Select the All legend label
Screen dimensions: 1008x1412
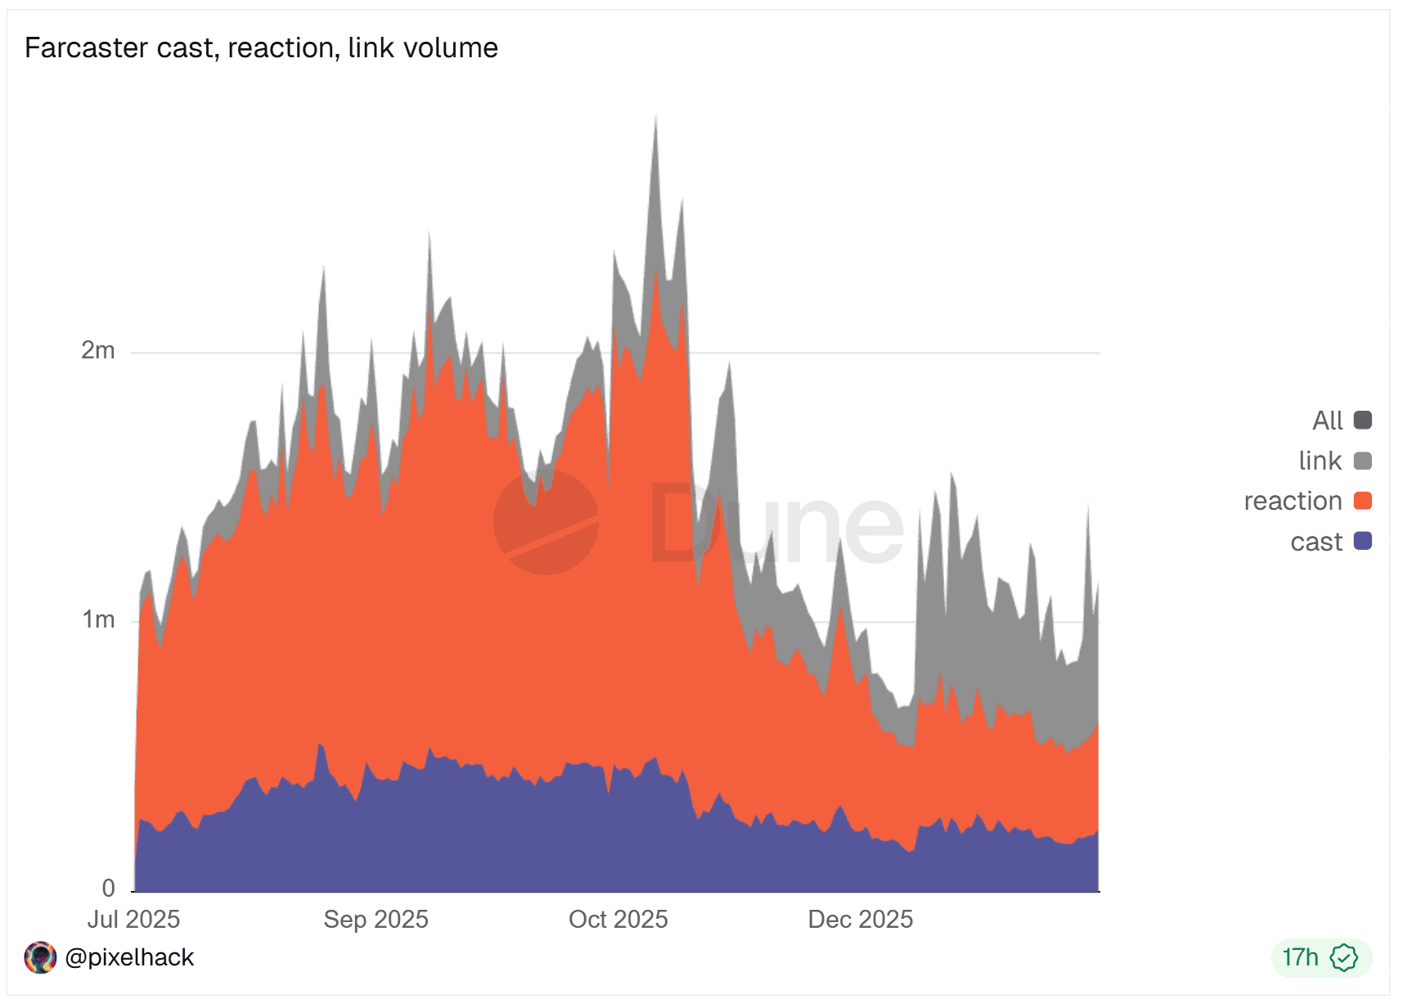pyautogui.click(x=1327, y=421)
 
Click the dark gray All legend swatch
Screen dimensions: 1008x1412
pyautogui.click(x=1362, y=421)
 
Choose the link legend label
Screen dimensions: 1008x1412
pyautogui.click(x=1320, y=461)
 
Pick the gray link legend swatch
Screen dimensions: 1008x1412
pyautogui.click(x=1362, y=461)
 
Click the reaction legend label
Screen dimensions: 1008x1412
pyautogui.click(x=1293, y=501)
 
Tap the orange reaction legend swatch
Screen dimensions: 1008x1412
pyautogui.click(x=1362, y=501)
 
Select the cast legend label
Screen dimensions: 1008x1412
pyautogui.click(x=1315, y=542)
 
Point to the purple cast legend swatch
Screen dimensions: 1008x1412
pyautogui.click(x=1362, y=541)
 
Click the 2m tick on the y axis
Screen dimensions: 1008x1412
pyautogui.click(x=98, y=351)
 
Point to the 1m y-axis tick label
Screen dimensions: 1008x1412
pyautogui.click(x=98, y=620)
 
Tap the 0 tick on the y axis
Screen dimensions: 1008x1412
pyautogui.click(x=108, y=889)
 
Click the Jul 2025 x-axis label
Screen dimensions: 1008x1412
pyautogui.click(x=133, y=920)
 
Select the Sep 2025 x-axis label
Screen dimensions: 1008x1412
pyautogui.click(x=375, y=920)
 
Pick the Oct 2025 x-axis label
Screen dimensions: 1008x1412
pyautogui.click(x=618, y=920)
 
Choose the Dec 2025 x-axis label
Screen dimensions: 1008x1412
pyautogui.click(x=860, y=920)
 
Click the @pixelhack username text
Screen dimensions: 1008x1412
pyautogui.click(x=129, y=957)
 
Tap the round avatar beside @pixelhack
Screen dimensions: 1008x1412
pyautogui.click(x=40, y=957)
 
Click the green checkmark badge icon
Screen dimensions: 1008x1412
pyautogui.click(x=1343, y=957)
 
